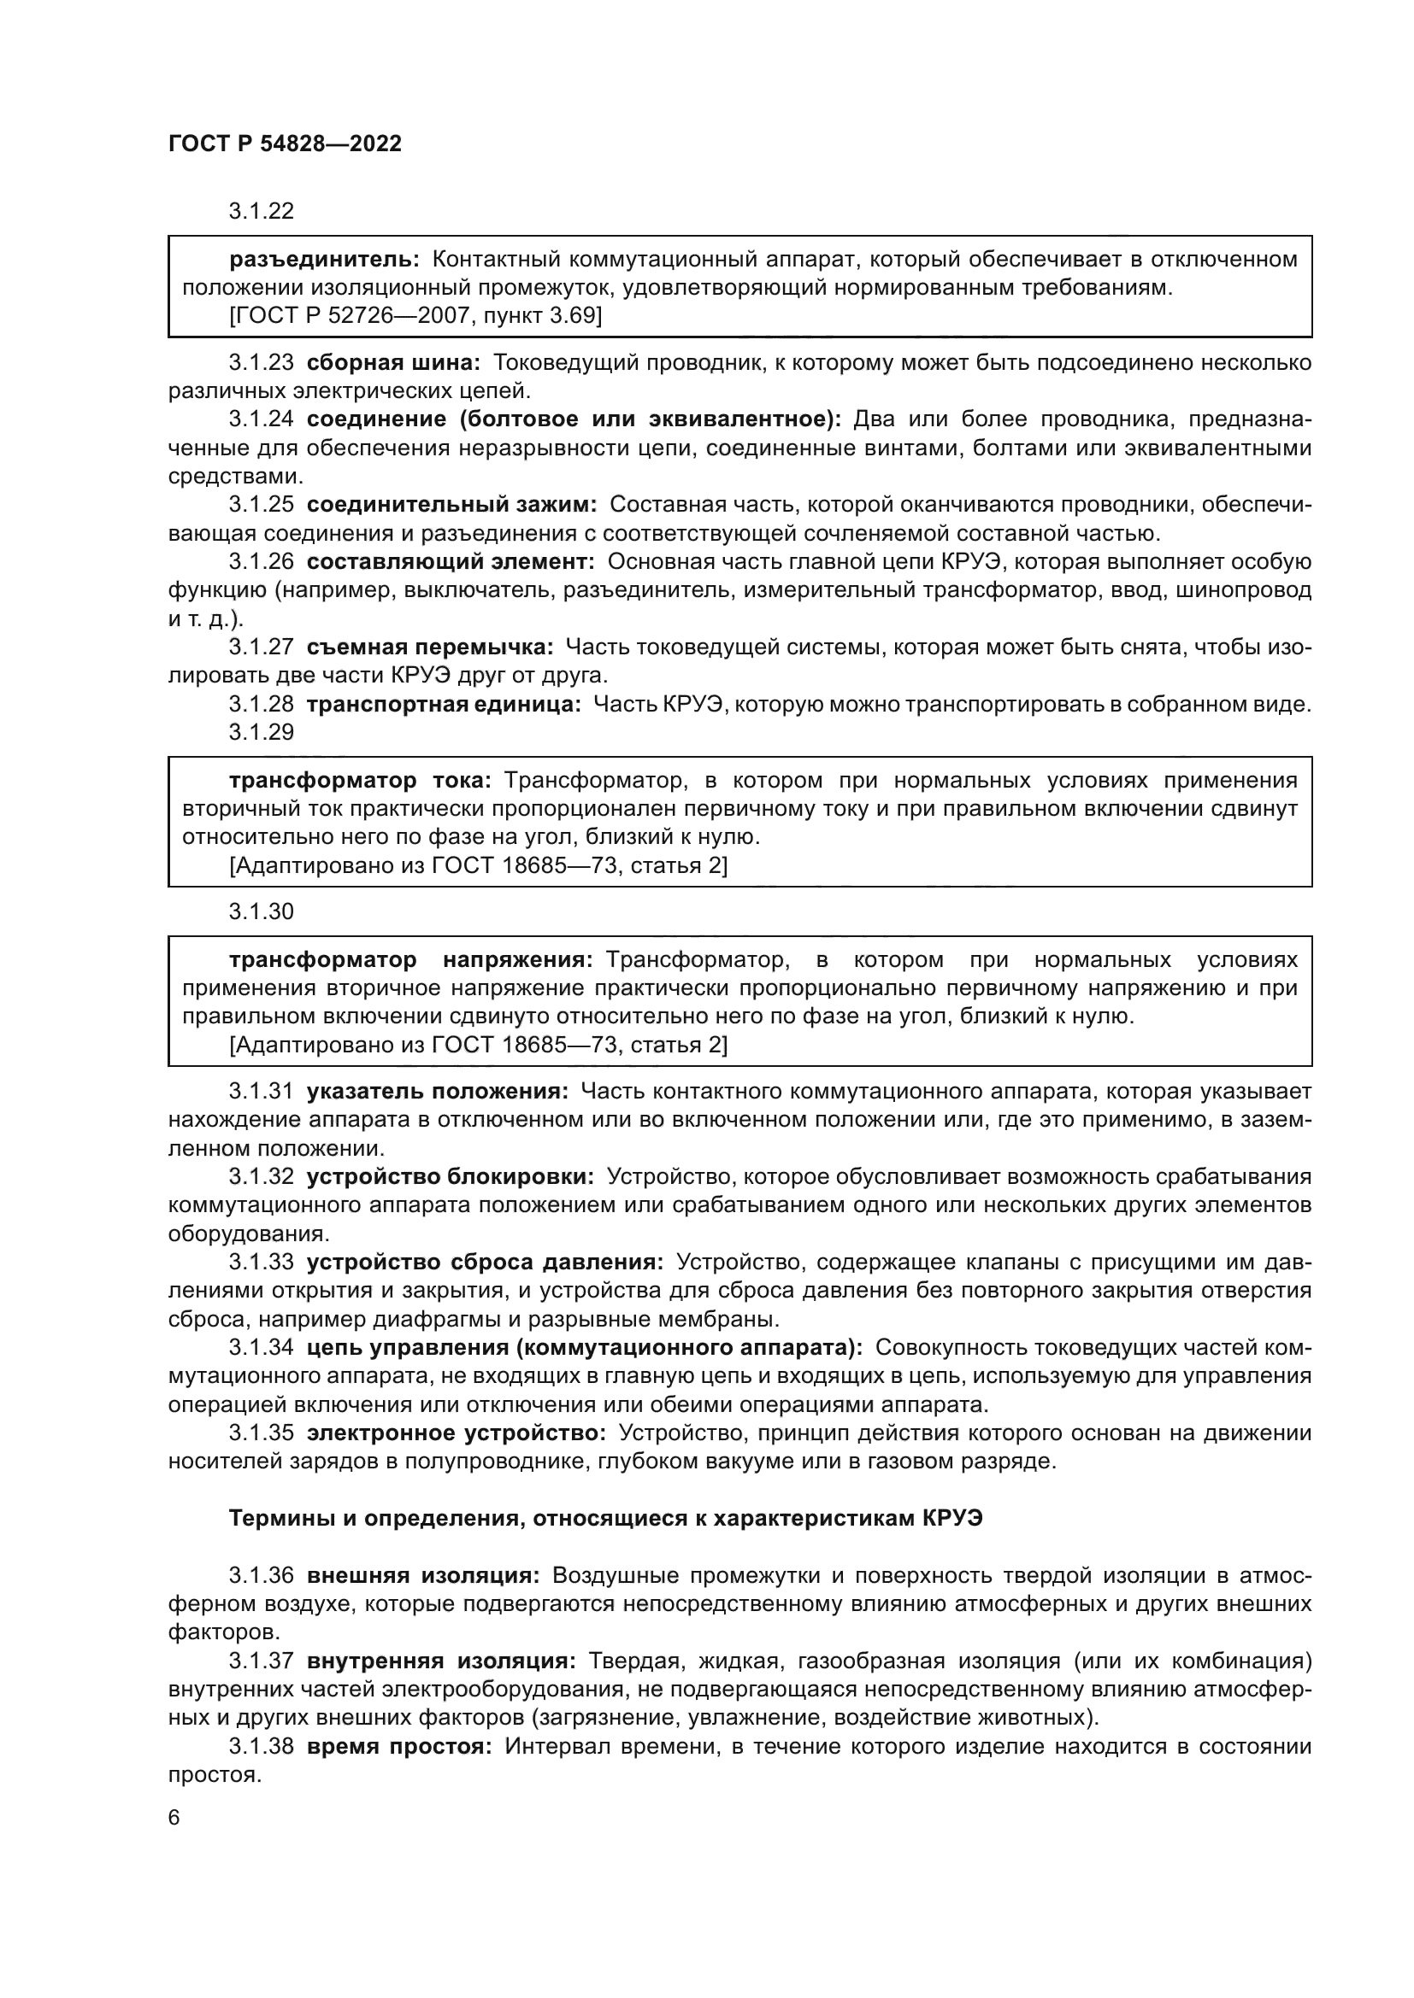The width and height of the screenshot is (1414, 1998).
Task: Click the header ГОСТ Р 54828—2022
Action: pos(285,144)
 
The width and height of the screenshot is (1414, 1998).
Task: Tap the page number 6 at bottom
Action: pos(174,1818)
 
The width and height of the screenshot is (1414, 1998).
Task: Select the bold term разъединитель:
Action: pos(324,260)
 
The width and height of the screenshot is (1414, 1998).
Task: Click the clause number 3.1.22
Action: pos(262,212)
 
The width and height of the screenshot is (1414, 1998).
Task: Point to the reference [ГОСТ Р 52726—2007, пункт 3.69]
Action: pos(415,316)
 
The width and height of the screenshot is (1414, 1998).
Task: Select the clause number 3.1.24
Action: pos(262,419)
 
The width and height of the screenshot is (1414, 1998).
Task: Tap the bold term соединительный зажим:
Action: pos(452,505)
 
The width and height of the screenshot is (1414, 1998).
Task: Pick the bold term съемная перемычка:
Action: pos(430,647)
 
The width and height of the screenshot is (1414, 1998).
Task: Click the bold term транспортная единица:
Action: pos(443,704)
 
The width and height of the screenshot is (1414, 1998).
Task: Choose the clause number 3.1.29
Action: pos(262,732)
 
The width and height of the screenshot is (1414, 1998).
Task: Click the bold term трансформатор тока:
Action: pos(361,781)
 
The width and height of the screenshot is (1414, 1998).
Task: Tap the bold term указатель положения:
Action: pos(437,1091)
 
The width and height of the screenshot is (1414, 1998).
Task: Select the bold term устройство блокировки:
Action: pos(451,1176)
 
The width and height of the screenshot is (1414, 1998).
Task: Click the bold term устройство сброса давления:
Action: pos(485,1262)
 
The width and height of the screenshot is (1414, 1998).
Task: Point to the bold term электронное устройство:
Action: pos(457,1433)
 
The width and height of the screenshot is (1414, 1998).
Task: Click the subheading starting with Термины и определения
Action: pos(605,1519)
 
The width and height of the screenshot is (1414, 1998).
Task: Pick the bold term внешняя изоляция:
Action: pos(423,1575)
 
